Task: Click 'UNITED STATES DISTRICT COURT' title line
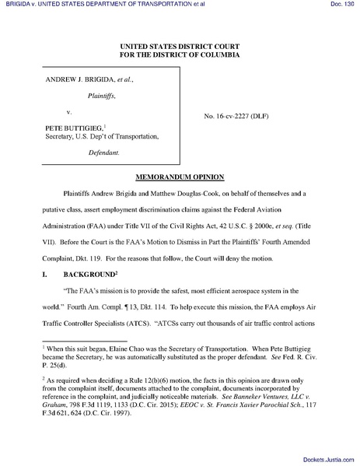click(x=180, y=48)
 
